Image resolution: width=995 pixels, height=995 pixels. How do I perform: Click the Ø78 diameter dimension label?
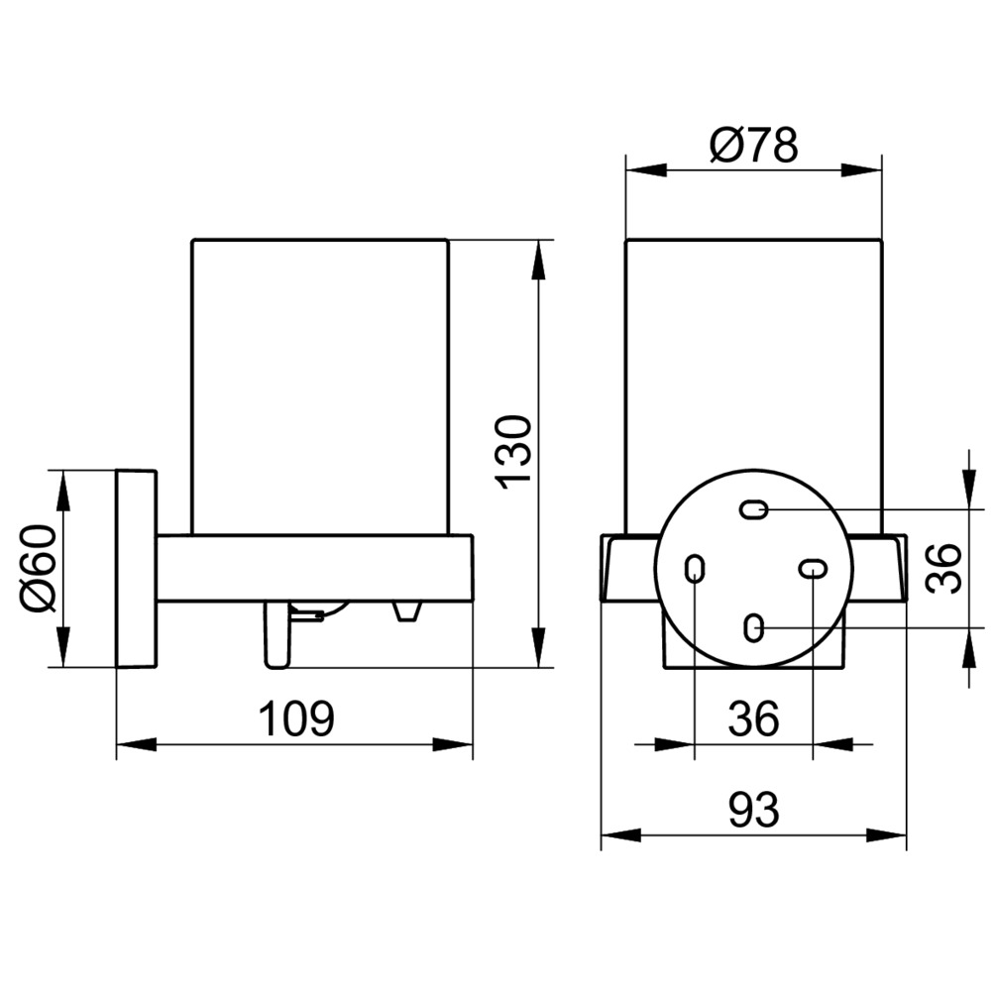[753, 146]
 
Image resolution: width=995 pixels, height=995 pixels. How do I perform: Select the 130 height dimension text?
[514, 453]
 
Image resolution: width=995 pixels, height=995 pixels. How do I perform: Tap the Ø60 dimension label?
[40, 569]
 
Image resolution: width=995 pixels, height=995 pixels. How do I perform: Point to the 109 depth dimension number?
[296, 719]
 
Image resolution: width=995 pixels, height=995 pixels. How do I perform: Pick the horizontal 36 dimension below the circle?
[754, 719]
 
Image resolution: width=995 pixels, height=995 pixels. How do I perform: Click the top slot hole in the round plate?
[755, 509]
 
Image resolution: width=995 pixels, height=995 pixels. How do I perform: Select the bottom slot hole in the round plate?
[753, 627]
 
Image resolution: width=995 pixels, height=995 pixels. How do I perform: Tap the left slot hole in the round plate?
[696, 569]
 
